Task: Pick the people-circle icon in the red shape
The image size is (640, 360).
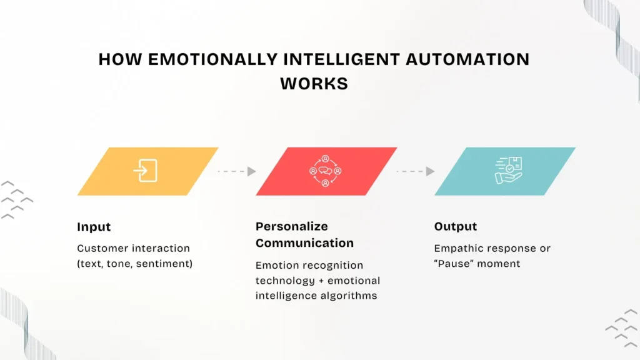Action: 325,171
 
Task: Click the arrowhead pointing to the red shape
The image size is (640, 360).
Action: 251,171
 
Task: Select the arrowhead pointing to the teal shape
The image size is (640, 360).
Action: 430,171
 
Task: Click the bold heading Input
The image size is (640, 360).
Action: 94,227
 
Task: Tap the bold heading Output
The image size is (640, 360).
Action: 456,226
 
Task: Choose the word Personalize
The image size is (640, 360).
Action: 292,227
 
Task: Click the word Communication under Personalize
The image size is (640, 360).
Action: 304,242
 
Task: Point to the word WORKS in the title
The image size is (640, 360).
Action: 314,83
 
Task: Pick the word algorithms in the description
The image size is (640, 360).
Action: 347,296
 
